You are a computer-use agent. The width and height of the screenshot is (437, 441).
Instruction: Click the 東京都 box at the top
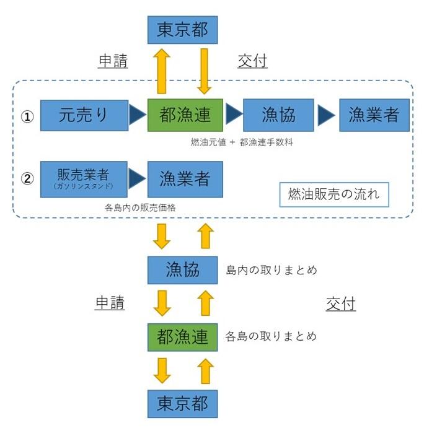(x=182, y=30)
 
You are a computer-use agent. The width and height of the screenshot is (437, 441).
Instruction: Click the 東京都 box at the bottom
(x=182, y=403)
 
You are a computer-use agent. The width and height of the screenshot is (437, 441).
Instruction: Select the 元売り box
(x=84, y=115)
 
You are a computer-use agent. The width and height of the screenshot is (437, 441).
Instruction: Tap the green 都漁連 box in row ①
(x=185, y=115)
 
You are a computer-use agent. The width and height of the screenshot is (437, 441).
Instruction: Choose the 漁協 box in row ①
(x=278, y=115)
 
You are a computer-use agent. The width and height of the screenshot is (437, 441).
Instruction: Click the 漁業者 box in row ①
(x=374, y=115)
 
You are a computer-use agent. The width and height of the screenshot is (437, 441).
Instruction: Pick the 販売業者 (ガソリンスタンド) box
(x=83, y=180)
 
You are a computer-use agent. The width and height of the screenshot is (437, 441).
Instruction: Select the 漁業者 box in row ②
(x=185, y=180)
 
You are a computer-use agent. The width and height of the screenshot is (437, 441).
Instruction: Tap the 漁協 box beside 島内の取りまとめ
(x=182, y=270)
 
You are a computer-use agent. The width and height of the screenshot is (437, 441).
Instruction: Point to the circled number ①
(x=27, y=116)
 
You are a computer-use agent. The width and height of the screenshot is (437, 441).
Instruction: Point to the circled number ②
(x=27, y=179)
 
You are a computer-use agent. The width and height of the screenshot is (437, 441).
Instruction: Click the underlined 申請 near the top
(x=113, y=61)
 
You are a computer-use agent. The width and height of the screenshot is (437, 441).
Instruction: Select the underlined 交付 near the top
(x=252, y=61)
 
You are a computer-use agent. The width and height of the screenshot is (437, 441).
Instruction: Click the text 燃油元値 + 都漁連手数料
(x=242, y=142)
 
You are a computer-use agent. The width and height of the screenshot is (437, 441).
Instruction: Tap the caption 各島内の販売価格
(x=140, y=207)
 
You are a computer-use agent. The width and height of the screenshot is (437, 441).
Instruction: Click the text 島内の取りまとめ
(x=271, y=270)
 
